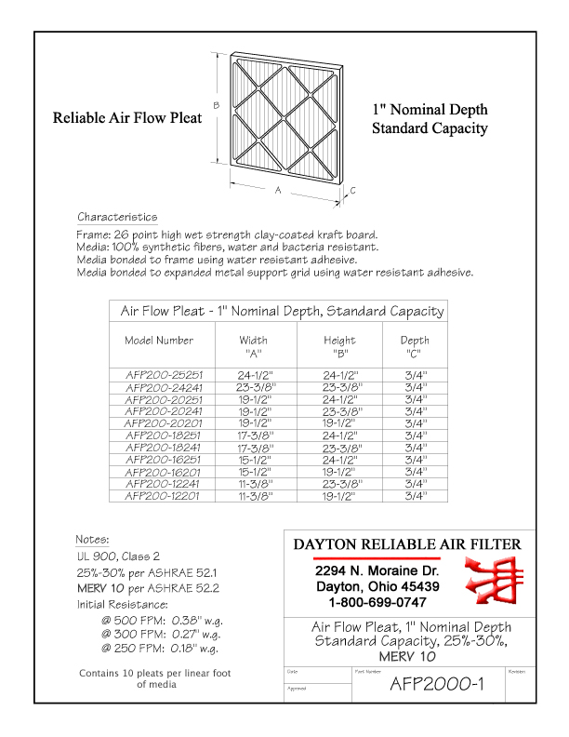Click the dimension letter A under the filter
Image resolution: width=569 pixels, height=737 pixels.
pyautogui.click(x=278, y=189)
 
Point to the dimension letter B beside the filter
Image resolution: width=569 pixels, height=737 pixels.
pyautogui.click(x=217, y=105)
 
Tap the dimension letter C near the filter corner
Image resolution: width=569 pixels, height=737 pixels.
pyautogui.click(x=353, y=190)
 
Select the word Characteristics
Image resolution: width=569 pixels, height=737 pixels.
pyautogui.click(x=117, y=217)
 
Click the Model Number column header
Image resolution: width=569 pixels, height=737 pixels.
pyautogui.click(x=159, y=341)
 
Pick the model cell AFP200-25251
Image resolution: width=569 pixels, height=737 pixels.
pyautogui.click(x=164, y=374)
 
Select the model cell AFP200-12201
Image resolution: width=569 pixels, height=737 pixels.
pyautogui.click(x=164, y=496)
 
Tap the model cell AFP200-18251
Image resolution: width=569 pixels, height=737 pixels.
pyautogui.click(x=164, y=435)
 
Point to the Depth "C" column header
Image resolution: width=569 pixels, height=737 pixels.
pyautogui.click(x=415, y=346)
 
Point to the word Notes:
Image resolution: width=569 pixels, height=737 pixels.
pyautogui.click(x=92, y=539)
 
